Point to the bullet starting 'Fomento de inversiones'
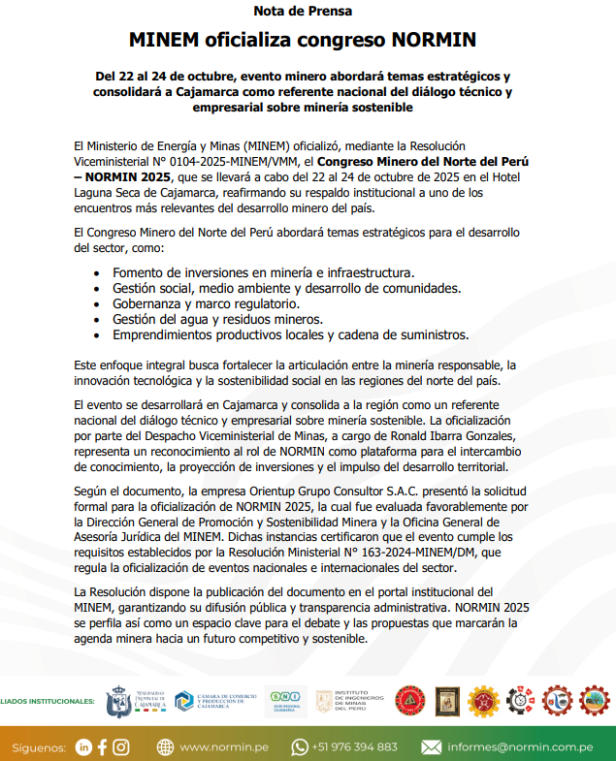263,272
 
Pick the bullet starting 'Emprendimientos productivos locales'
290,334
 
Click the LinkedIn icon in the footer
83,746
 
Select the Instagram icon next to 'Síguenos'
121,746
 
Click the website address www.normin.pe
224,746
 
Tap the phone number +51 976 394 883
356,746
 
